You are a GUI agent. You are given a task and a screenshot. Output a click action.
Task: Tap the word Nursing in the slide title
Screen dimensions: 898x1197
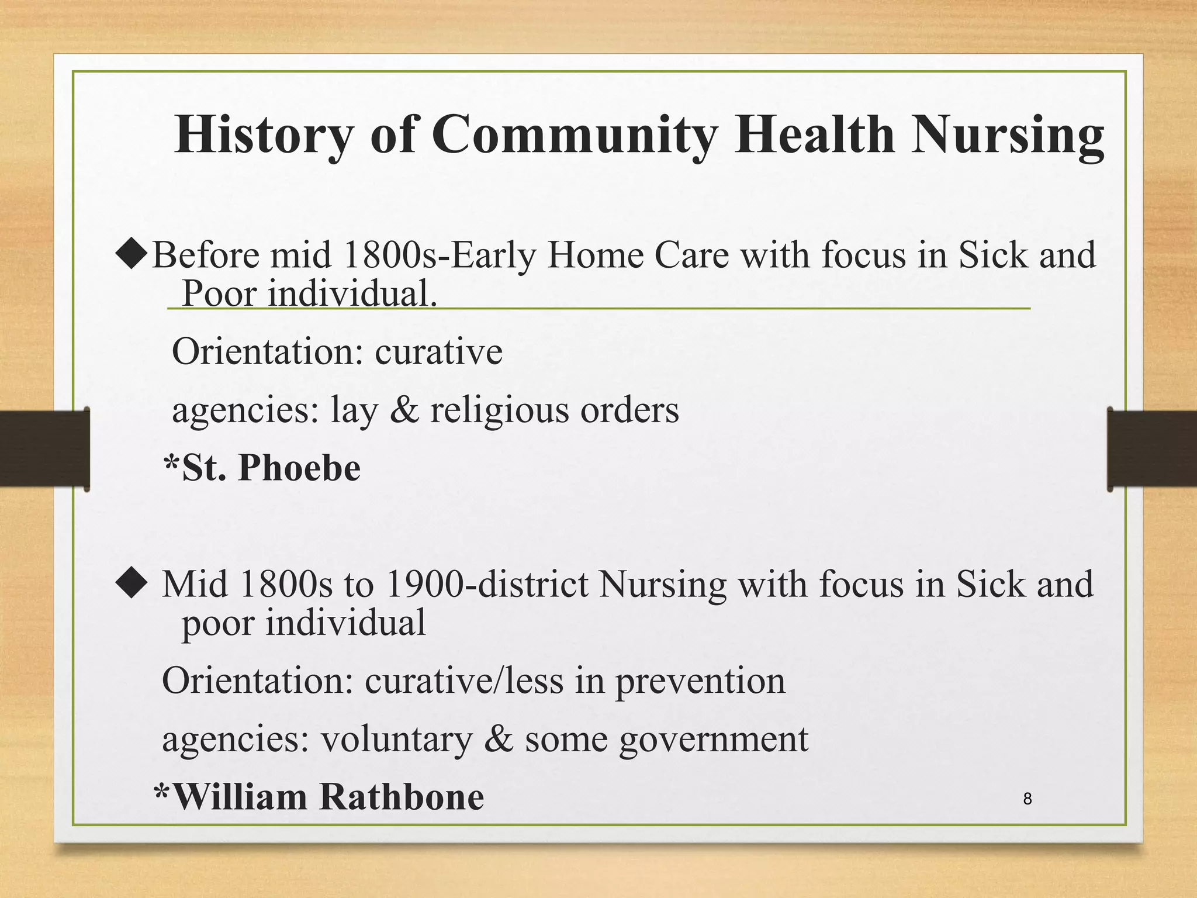[1008, 136]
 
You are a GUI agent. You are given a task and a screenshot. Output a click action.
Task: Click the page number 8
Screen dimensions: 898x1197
[1028, 799]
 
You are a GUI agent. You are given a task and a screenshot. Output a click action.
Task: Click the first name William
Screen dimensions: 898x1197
[240, 797]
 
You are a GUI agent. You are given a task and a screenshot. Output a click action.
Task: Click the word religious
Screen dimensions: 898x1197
[499, 410]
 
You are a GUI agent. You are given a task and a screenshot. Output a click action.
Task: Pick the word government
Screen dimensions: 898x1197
[714, 740]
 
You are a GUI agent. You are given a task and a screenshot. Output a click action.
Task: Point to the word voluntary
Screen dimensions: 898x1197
[396, 740]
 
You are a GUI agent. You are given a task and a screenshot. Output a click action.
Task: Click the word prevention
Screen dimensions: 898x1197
[700, 681]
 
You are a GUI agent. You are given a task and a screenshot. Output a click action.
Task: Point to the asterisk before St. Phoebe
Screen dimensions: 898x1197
[171, 465]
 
